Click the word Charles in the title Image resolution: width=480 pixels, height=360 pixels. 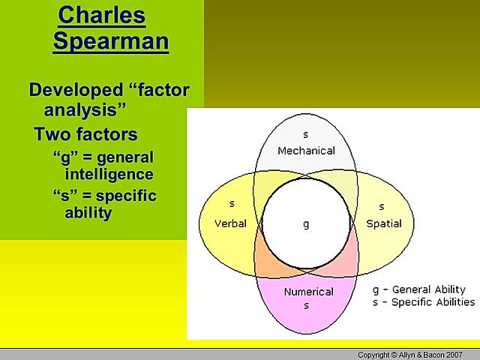pos(101,14)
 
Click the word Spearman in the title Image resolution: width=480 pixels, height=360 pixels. pos(110,40)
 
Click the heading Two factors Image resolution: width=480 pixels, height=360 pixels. pos(85,135)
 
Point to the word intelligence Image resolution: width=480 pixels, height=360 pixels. pos(109,175)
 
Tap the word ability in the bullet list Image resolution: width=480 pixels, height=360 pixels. pos(88,213)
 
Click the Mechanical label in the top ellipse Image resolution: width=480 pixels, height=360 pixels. pos(306,151)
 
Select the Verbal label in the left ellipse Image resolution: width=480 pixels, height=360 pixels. pos(231,223)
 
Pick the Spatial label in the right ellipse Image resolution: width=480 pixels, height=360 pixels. pos(383,223)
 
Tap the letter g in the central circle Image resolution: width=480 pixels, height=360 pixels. pos(306,224)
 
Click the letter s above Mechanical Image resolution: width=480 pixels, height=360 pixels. pos(305,135)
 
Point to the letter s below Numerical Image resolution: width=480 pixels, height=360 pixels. pos(306,305)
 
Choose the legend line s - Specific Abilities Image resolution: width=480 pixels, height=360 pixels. pos(424,302)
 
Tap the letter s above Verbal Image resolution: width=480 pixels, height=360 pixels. pos(232,204)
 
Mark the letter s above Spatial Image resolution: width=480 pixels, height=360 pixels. pos(381,206)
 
